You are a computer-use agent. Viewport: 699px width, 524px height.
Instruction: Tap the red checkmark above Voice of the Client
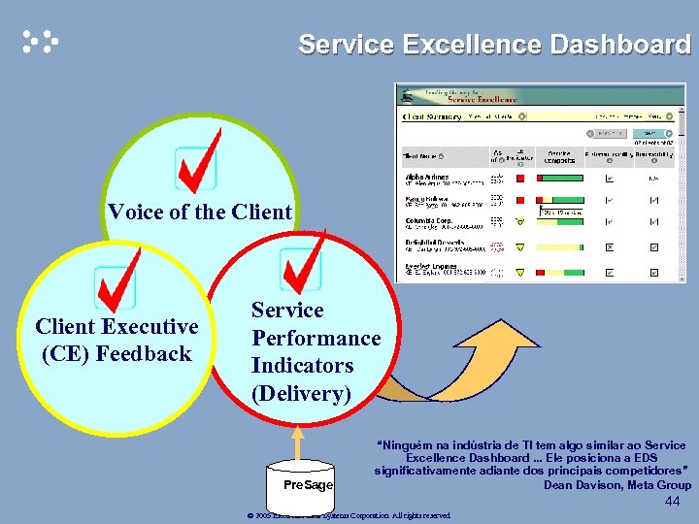(x=198, y=163)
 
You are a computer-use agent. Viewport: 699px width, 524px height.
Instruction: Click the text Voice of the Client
(x=200, y=212)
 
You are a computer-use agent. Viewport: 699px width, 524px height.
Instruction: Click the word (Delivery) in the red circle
(x=301, y=394)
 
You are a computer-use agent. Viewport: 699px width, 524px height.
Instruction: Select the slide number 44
(x=674, y=502)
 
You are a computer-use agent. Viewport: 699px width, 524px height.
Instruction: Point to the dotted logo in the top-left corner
(x=40, y=41)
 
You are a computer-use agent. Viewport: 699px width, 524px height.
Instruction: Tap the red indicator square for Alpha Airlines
(x=519, y=178)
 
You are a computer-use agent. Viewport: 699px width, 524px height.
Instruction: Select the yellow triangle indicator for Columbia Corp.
(x=519, y=222)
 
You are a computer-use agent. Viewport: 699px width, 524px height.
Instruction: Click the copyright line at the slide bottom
(x=349, y=515)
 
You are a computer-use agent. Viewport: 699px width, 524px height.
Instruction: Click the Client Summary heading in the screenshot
(x=432, y=116)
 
